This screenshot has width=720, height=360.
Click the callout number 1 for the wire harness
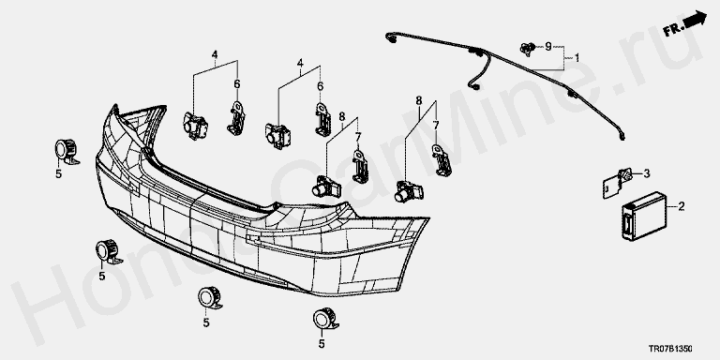(x=577, y=58)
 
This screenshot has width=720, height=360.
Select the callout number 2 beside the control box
(x=681, y=206)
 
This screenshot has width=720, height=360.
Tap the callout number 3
(x=647, y=173)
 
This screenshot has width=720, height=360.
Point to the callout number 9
(x=547, y=46)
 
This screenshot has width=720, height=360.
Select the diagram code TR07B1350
(x=670, y=350)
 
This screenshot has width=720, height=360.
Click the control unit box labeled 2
(x=644, y=216)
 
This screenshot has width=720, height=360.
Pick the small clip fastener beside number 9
(x=528, y=48)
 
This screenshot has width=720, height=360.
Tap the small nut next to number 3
(x=625, y=175)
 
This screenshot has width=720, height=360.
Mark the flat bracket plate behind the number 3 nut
(x=611, y=187)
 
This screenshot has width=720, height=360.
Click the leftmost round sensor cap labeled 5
(x=67, y=150)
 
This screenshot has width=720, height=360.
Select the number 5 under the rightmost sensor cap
(x=322, y=343)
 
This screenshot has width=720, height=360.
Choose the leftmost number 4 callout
(x=215, y=54)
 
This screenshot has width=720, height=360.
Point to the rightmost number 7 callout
(x=436, y=125)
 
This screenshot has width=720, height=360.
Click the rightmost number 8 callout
(x=419, y=100)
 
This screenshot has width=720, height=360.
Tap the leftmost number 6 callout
(x=237, y=84)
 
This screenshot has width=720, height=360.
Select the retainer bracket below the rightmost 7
(x=442, y=160)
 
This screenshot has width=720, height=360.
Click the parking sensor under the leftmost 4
(x=195, y=126)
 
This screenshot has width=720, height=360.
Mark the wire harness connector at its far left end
(x=390, y=37)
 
